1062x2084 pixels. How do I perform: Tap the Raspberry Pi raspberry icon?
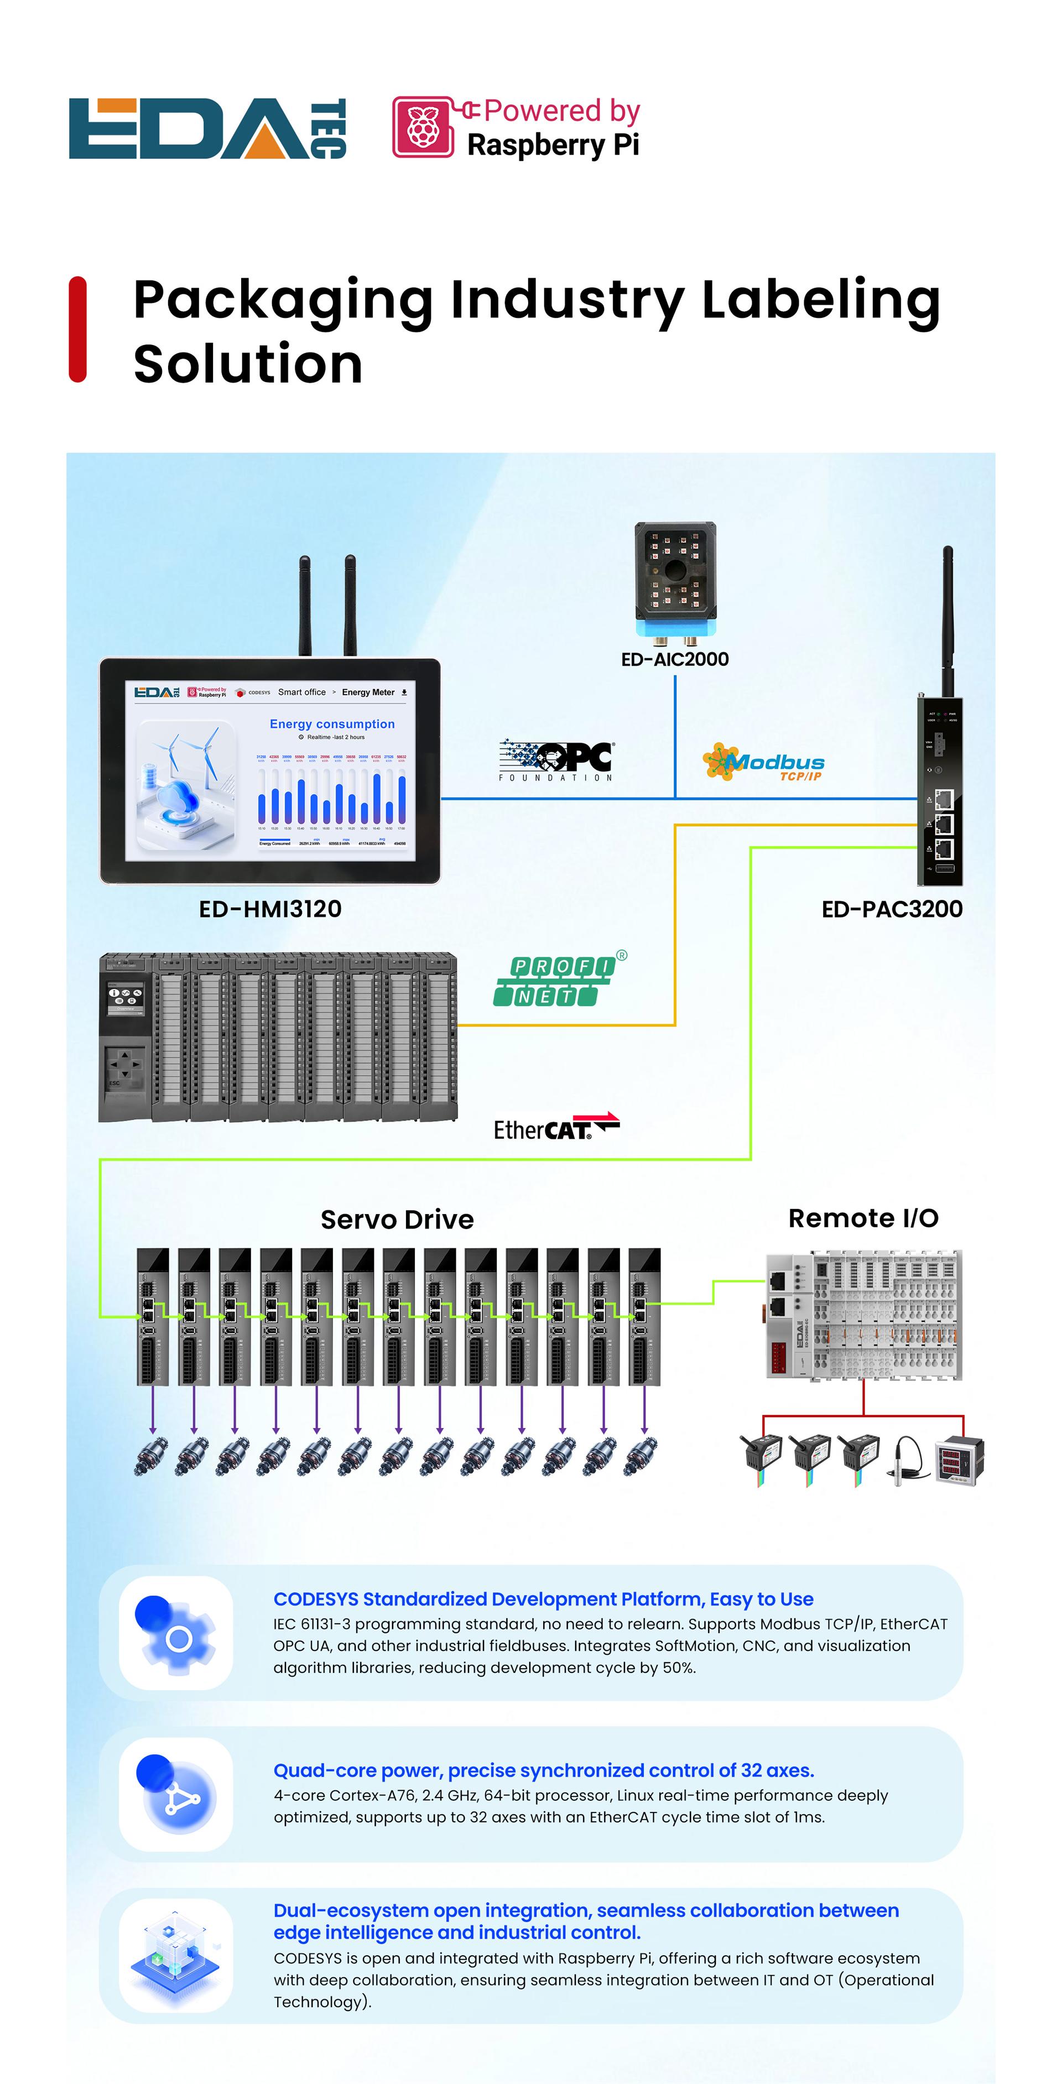(422, 127)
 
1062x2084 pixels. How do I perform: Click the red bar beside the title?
(77, 329)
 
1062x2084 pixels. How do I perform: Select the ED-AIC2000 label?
(675, 659)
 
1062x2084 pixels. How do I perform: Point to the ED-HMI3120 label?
(270, 909)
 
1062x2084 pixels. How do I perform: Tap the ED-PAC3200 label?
(891, 909)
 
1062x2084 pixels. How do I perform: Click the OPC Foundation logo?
(556, 760)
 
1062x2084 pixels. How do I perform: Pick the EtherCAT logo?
(556, 1127)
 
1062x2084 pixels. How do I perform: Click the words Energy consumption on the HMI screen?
(332, 724)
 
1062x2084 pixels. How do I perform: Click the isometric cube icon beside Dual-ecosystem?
(175, 1955)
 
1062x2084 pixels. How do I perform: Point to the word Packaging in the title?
(283, 300)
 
